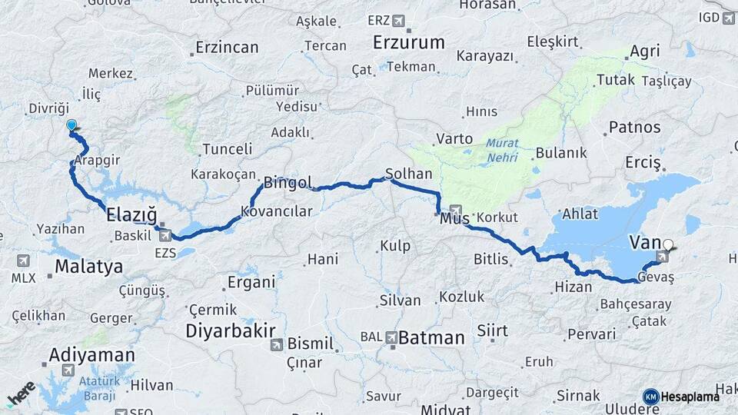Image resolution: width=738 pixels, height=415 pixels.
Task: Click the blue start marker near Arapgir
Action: (x=71, y=125)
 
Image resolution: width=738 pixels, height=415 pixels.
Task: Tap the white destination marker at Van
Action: (x=668, y=245)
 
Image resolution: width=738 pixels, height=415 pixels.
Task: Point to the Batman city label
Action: (x=431, y=337)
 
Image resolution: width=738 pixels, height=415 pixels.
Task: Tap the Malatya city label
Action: (x=88, y=267)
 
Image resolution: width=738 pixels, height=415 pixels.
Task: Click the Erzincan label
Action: (x=227, y=47)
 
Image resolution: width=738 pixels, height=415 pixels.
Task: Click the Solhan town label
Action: (x=409, y=174)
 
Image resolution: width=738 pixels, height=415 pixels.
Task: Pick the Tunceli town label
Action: (x=227, y=149)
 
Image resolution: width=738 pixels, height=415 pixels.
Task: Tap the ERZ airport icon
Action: (x=397, y=20)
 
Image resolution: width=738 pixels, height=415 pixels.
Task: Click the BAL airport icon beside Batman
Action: (x=391, y=337)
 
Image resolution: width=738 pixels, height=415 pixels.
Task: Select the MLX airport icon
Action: (x=22, y=261)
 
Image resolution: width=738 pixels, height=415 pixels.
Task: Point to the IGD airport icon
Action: (x=728, y=17)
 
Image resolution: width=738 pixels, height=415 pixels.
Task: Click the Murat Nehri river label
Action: (x=502, y=151)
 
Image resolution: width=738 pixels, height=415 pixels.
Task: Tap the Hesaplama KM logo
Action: (x=681, y=397)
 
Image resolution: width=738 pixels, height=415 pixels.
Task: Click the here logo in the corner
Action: (x=21, y=393)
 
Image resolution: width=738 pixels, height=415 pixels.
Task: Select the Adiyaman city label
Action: (x=91, y=355)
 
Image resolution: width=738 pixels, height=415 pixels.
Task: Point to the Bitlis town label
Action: (x=491, y=260)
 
